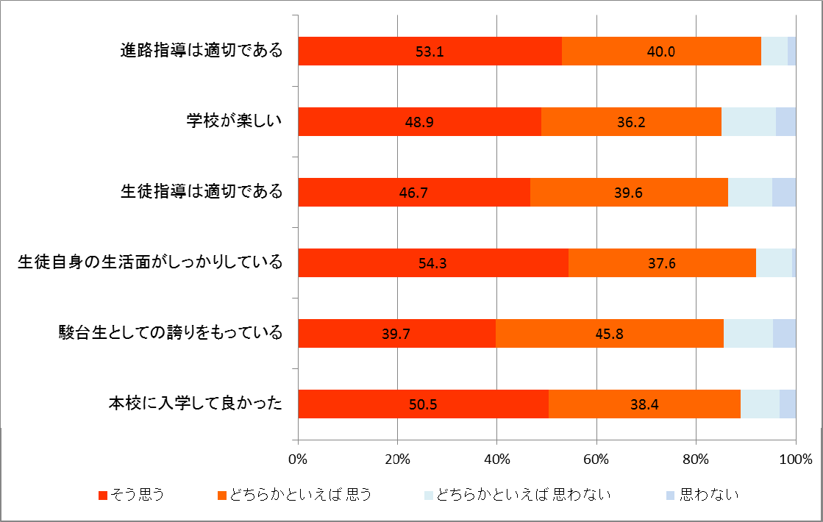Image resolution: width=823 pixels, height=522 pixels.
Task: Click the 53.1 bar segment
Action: click(430, 51)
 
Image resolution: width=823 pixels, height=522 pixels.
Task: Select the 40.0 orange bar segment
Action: click(661, 51)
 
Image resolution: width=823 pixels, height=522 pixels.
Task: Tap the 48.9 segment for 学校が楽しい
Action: click(419, 122)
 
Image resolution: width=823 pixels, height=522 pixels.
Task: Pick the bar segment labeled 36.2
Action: click(631, 122)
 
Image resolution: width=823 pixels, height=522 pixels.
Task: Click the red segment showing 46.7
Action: click(414, 193)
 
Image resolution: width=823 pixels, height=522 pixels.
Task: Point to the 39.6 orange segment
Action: click(629, 193)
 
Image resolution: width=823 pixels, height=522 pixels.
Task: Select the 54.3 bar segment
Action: click(433, 263)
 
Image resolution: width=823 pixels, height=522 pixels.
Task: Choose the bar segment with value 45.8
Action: click(610, 334)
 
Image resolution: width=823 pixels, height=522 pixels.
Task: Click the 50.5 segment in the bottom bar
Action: click(423, 404)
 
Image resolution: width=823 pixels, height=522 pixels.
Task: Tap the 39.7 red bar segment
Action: click(396, 334)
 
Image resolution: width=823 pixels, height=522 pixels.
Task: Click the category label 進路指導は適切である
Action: click(202, 51)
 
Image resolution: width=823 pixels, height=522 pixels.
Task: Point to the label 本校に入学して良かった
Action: click(196, 404)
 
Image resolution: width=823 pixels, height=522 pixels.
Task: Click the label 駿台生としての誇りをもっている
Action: click(171, 333)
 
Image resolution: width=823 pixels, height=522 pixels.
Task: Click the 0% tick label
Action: click(297, 460)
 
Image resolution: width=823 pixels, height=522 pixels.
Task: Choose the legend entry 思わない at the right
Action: click(709, 494)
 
